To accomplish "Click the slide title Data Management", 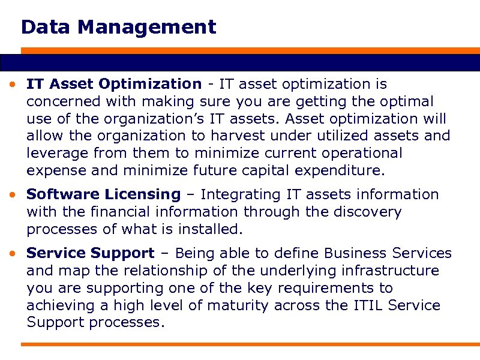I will pyautogui.click(x=118, y=27).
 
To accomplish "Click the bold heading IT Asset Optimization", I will pyautogui.click(x=114, y=84).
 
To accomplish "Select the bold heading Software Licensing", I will pyautogui.click(x=103, y=194).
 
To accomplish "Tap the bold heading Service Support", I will pyautogui.click(x=91, y=253).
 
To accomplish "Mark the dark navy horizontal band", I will pyautogui.click(x=240, y=62).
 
